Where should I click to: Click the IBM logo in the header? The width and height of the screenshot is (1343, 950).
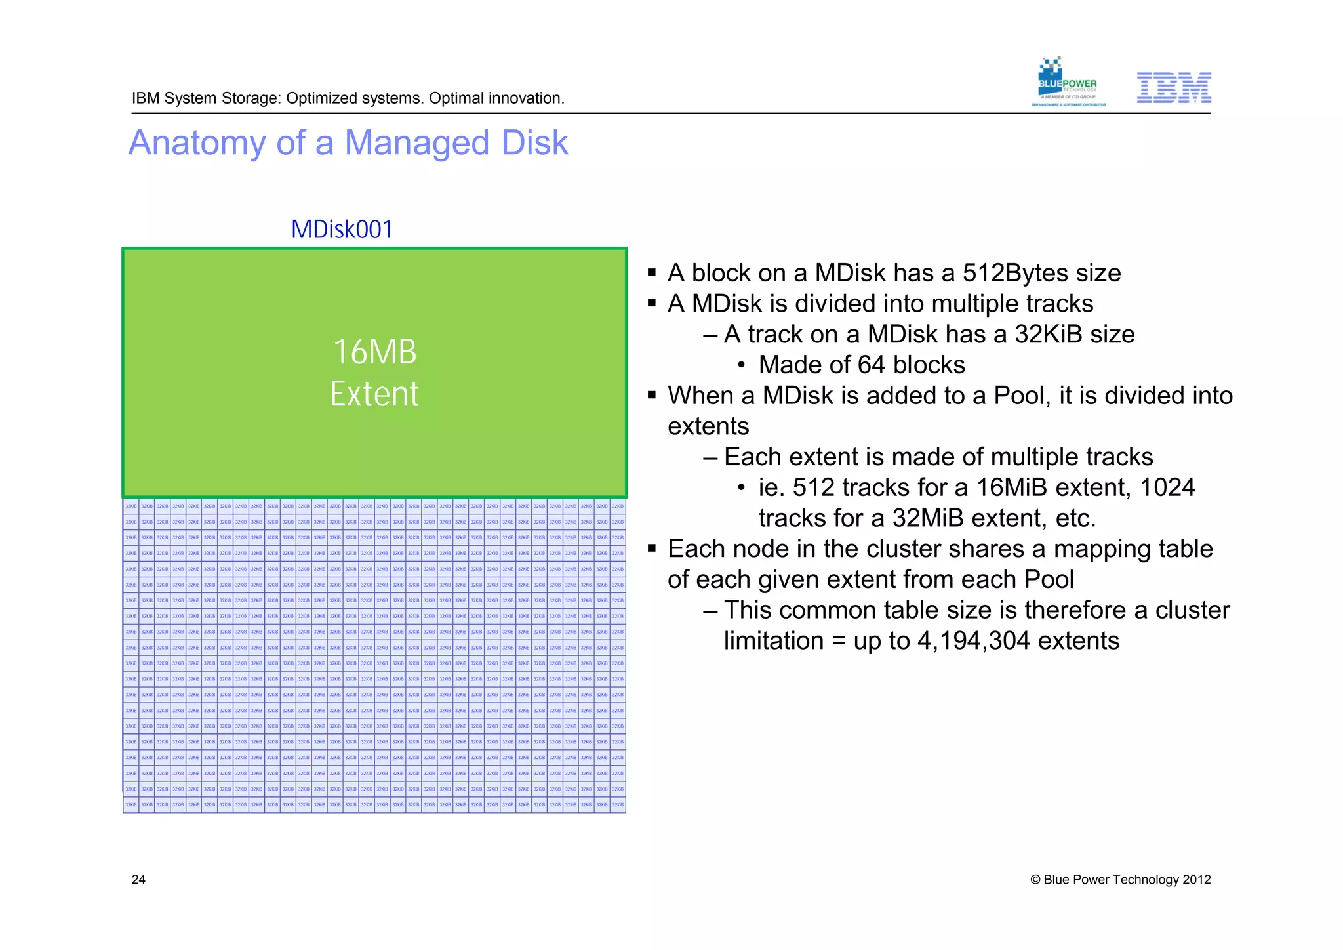(1173, 88)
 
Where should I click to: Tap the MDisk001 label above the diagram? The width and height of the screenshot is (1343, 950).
(342, 230)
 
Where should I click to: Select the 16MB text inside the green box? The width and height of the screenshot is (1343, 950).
(374, 352)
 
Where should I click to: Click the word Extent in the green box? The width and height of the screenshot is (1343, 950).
(374, 394)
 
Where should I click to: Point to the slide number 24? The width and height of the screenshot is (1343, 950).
(138, 880)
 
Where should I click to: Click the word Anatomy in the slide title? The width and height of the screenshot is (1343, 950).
(196, 143)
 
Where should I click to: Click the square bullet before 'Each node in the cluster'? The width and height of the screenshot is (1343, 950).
(652, 548)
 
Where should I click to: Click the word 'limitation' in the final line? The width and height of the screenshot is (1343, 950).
(773, 641)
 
